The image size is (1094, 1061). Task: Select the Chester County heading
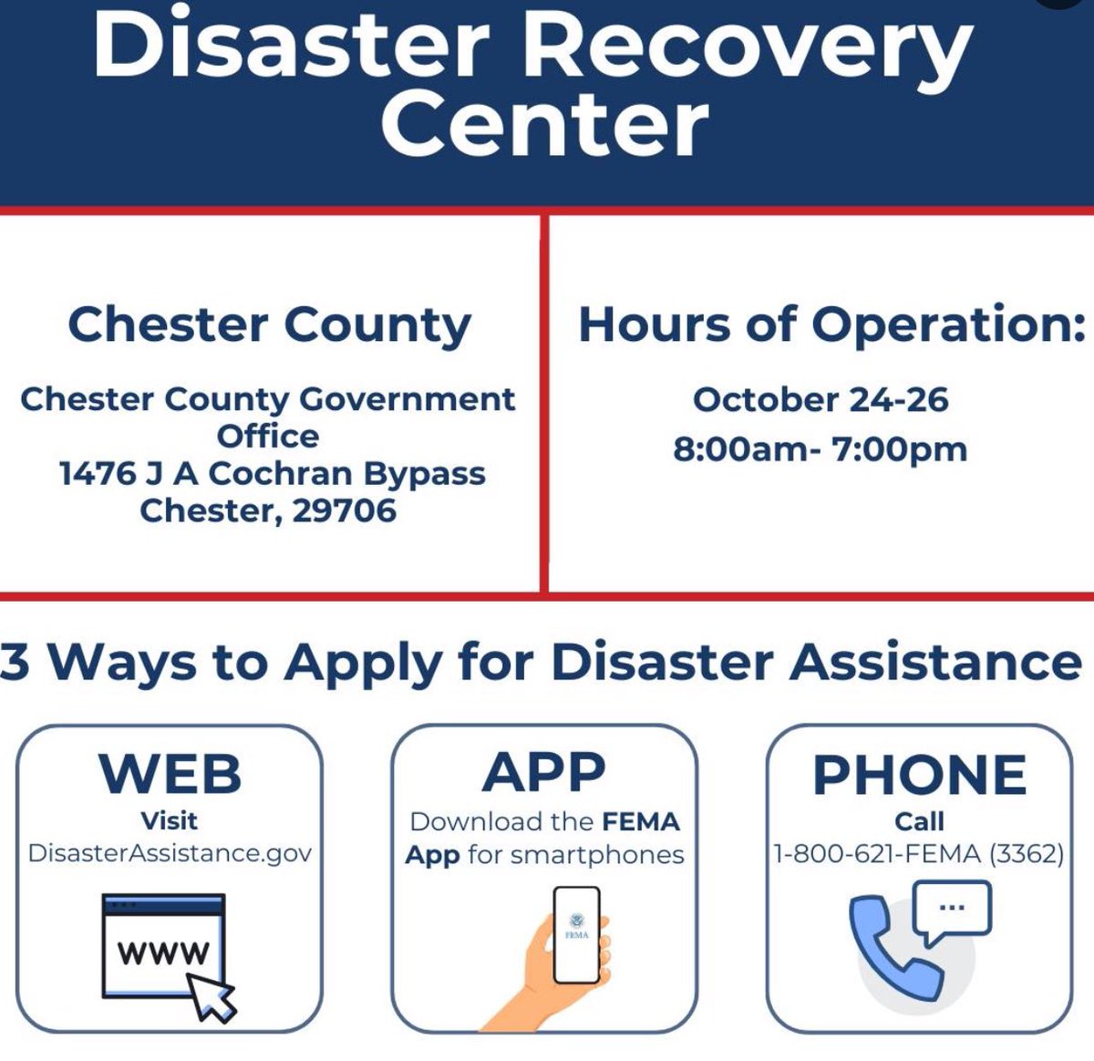point(269,325)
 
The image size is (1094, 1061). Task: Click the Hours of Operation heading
point(831,325)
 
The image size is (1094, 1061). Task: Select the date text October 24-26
point(820,400)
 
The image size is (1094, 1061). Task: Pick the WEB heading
point(170,775)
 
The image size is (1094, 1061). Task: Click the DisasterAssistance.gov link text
point(170,853)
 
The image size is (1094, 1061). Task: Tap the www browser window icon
point(163,944)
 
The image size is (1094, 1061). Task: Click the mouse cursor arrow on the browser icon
point(212,995)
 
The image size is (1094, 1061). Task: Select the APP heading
point(544,773)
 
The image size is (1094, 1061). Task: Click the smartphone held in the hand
point(577,934)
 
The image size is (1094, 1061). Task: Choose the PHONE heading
point(919,775)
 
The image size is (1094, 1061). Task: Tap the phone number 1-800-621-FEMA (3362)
point(919,854)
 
